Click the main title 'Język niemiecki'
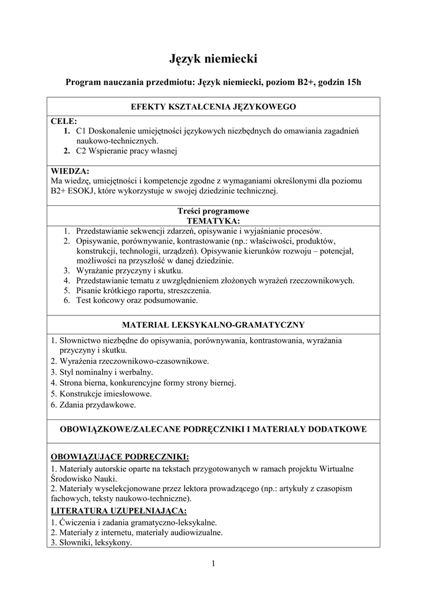(x=213, y=58)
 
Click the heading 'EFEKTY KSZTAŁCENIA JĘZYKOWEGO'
(x=213, y=107)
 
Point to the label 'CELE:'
(x=64, y=121)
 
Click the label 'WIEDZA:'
(x=70, y=171)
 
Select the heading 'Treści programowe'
(x=213, y=211)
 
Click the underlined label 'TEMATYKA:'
(x=213, y=221)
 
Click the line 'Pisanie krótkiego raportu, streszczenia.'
(x=143, y=291)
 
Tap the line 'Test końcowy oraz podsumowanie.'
(x=137, y=301)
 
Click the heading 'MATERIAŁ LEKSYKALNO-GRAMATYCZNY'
(x=213, y=324)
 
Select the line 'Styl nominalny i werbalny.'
(x=101, y=372)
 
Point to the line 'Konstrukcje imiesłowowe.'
(x=101, y=393)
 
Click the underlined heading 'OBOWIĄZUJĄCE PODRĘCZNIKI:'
(x=120, y=457)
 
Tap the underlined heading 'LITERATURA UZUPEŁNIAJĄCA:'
(x=119, y=511)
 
